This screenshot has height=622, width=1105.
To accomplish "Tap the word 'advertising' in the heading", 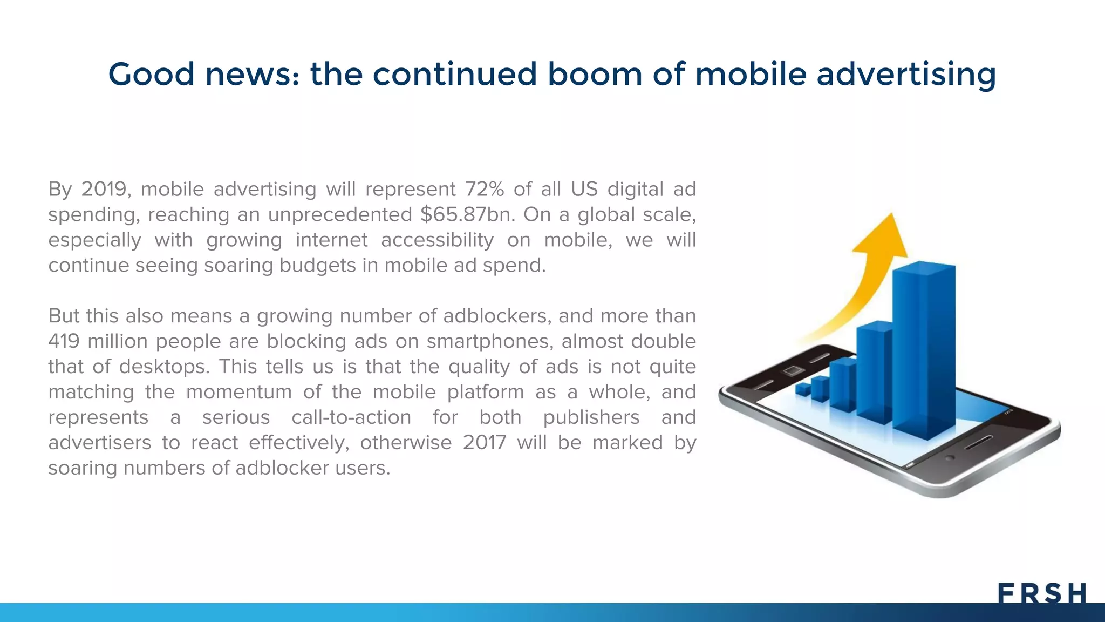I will tap(906, 75).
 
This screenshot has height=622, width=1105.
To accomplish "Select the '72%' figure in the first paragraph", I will tap(484, 189).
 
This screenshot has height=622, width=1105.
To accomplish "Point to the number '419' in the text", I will tap(64, 341).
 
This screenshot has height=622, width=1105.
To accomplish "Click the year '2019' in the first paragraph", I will tap(104, 189).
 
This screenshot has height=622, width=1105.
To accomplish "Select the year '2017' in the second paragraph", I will tap(484, 443).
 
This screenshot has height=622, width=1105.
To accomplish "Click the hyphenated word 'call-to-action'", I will tap(351, 417).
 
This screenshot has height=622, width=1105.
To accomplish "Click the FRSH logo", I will tap(1041, 593).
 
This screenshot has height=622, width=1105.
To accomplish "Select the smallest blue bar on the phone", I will tap(803, 389).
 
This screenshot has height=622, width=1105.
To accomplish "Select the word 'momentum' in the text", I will tap(238, 392).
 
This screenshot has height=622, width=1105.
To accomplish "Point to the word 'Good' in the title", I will tap(151, 74).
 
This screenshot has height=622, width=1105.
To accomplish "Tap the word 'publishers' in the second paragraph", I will tap(591, 417).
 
